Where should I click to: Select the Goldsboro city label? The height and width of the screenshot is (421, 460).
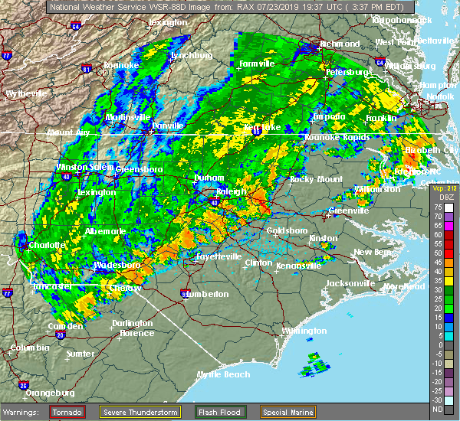pos(286,230)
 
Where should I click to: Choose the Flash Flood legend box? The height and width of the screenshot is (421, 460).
pos(219,412)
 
